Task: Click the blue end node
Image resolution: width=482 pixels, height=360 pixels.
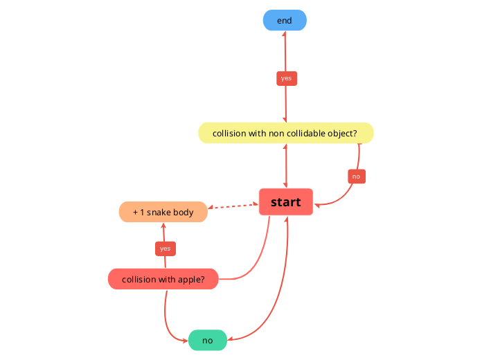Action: coord(285,21)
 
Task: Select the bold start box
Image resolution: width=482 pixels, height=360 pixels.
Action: coord(286,202)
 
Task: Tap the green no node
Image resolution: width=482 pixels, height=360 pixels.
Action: coord(208,340)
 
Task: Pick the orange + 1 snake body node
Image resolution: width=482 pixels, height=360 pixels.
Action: coord(163,212)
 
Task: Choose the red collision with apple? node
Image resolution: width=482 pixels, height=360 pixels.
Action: coord(163,279)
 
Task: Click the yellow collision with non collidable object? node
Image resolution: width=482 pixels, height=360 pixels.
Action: coord(286,133)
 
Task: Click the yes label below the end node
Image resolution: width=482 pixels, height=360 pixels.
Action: coord(287,78)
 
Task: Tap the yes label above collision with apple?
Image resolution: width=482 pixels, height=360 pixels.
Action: coord(165,248)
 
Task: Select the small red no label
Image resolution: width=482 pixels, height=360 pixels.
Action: coord(356,177)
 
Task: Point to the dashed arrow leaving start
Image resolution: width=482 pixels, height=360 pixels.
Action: coord(235,206)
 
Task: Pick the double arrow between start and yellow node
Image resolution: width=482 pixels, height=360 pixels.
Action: coord(286,166)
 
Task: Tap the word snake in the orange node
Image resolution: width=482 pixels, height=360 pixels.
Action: coord(161,212)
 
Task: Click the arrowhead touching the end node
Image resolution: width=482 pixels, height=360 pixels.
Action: coord(285,35)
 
